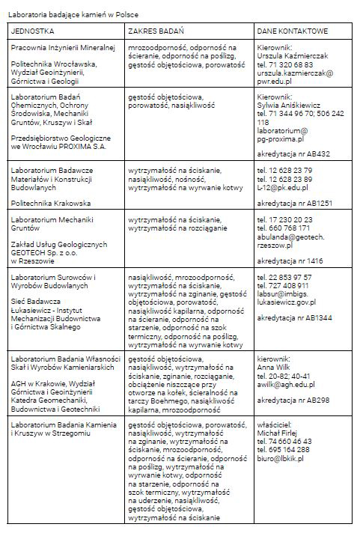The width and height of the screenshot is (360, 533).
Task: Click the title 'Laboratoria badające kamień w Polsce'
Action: click(74, 14)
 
